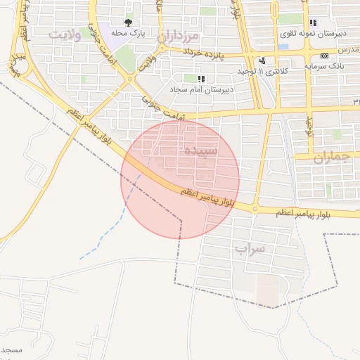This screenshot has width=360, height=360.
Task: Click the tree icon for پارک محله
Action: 127,22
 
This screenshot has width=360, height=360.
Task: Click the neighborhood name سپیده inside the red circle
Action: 200,150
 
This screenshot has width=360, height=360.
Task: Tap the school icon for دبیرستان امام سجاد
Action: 202,79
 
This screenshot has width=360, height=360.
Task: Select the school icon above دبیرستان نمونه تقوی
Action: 313,22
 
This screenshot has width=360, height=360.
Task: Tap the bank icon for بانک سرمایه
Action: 324,56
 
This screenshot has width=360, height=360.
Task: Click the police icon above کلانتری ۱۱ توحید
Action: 262,60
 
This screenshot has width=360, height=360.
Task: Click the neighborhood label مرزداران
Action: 179,35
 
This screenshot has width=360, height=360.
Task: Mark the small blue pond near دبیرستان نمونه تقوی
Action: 283,47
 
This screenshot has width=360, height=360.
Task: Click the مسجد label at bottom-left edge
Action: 11,349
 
